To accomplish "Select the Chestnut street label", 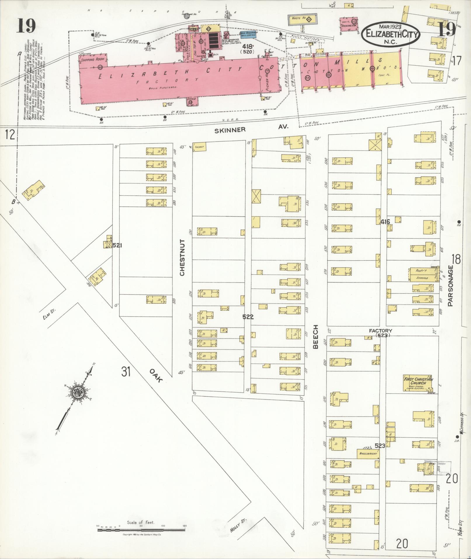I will [183, 257].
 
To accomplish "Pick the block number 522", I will [248, 317].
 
